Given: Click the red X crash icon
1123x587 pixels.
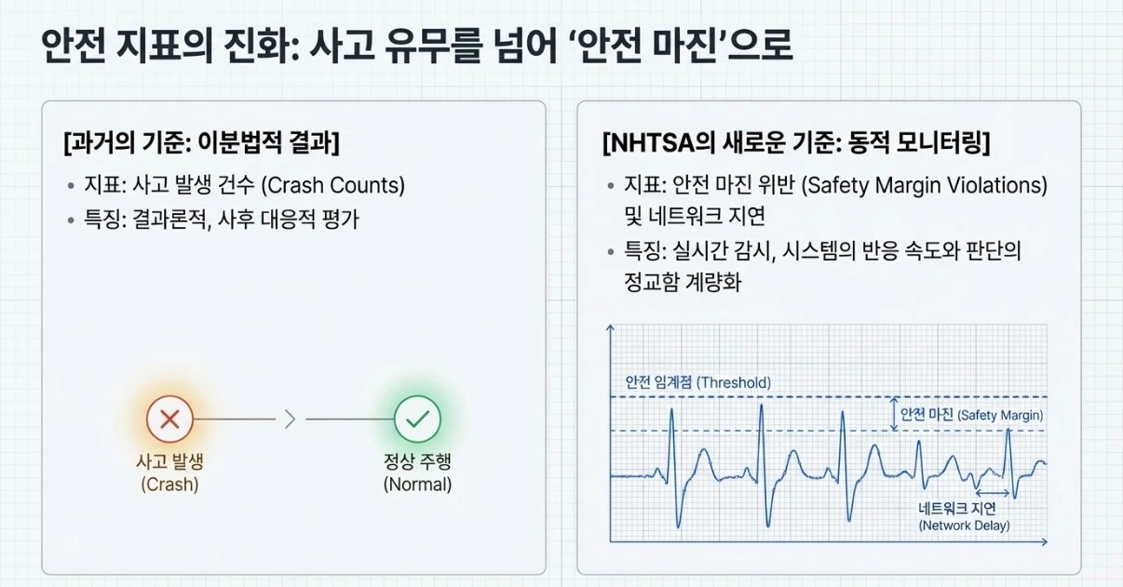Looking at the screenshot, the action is (x=169, y=420).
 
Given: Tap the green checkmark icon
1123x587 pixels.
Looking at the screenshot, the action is (x=416, y=420).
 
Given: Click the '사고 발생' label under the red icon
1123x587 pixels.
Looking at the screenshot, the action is (x=169, y=462).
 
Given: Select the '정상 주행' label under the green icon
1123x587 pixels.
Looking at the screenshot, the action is (x=417, y=462).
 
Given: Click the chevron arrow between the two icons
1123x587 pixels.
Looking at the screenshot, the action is (x=290, y=420).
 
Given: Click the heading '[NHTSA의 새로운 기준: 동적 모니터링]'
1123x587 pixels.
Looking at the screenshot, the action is (x=796, y=144).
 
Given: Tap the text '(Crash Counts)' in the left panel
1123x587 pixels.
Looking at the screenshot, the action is (x=332, y=185).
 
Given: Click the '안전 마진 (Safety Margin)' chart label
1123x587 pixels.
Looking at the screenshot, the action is (x=971, y=415).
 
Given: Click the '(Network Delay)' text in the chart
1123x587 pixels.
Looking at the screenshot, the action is (x=964, y=526).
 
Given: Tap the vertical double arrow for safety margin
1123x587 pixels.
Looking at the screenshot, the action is (x=892, y=414).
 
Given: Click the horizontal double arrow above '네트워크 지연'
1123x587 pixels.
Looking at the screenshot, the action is (x=992, y=493).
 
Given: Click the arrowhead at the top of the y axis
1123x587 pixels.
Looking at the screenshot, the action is (x=611, y=328).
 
